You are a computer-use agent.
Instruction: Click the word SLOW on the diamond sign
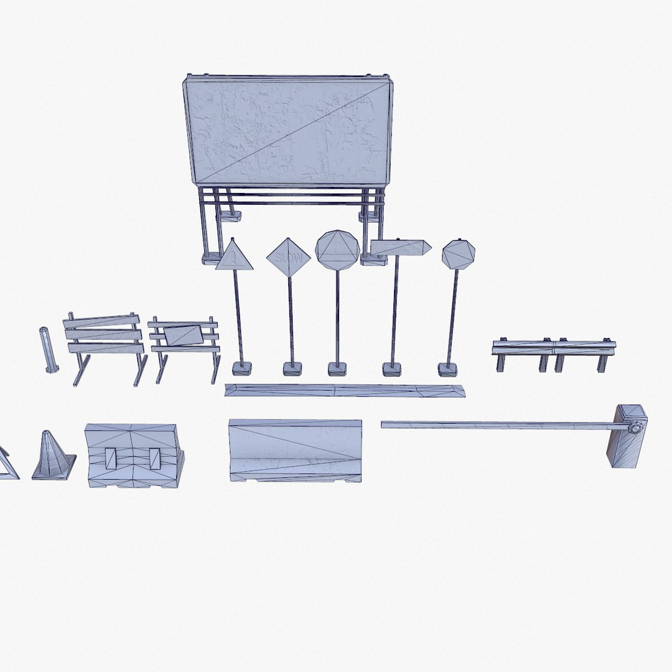click(x=288, y=256)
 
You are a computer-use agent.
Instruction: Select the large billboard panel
click(x=287, y=131)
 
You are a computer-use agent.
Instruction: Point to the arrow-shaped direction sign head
click(x=400, y=248)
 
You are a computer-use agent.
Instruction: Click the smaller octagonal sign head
click(x=459, y=254)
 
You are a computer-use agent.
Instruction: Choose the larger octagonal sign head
click(x=337, y=250)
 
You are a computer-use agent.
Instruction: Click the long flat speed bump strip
click(x=345, y=391)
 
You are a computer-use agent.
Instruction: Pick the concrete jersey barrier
click(x=296, y=450)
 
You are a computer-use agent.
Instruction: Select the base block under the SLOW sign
click(x=292, y=369)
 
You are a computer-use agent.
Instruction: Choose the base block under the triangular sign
click(x=241, y=368)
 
